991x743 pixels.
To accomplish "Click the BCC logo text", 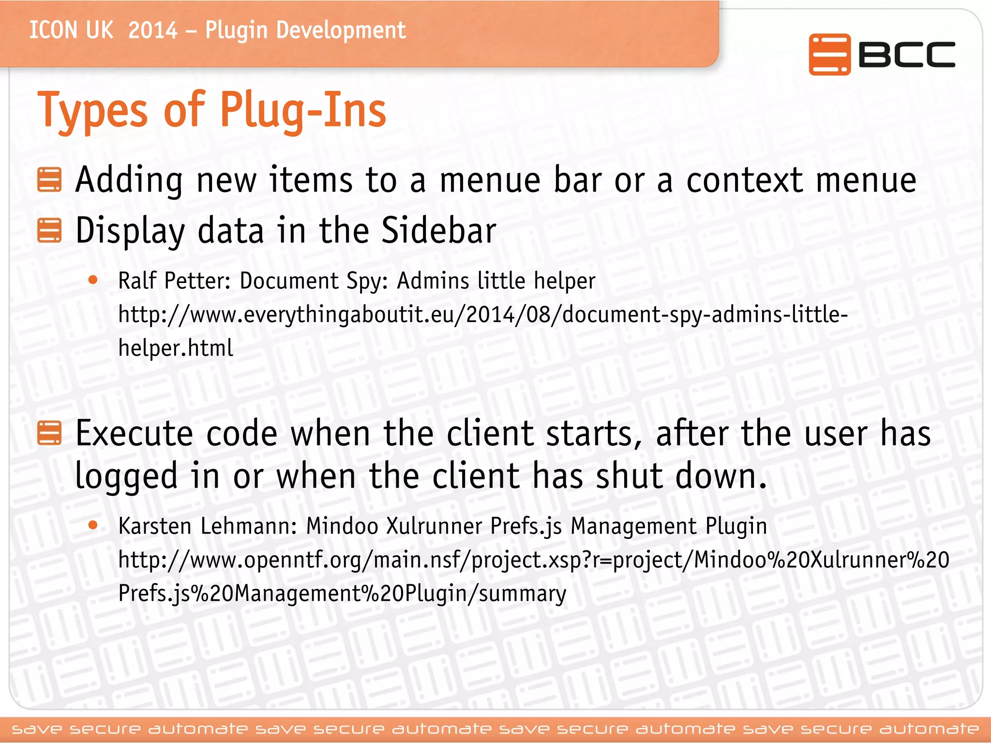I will pyautogui.click(x=906, y=54).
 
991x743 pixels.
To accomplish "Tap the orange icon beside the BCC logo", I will pyautogui.click(x=829, y=54).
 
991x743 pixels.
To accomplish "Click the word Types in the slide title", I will pyautogui.click(x=92, y=111).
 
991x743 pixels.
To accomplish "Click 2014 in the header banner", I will pyautogui.click(x=153, y=30).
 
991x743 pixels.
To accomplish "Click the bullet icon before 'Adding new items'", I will pyautogui.click(x=49, y=180).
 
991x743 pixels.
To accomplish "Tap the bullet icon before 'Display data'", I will pyautogui.click(x=49, y=230).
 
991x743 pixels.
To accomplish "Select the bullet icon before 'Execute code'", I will pyautogui.click(x=49, y=432).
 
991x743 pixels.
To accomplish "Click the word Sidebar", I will pyautogui.click(x=439, y=230).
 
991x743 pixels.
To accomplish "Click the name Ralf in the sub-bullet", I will pyautogui.click(x=137, y=281).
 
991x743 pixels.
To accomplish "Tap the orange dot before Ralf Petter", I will pyautogui.click(x=93, y=280).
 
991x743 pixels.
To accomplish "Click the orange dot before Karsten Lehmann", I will pyautogui.click(x=93, y=525).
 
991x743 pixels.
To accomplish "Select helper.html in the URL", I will pyautogui.click(x=176, y=348).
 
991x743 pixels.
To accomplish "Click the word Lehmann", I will pyautogui.click(x=248, y=526).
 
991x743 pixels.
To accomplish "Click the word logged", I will pyautogui.click(x=126, y=476).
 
